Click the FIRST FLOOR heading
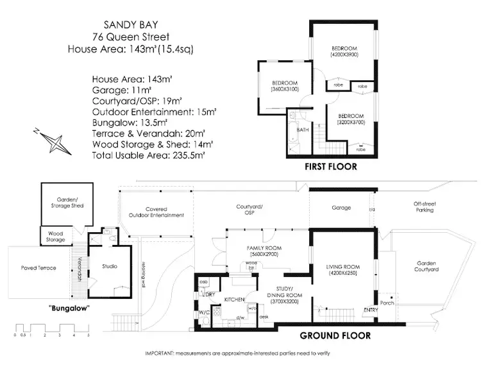[331, 166]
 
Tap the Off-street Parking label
[423, 207]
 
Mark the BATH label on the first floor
[303, 130]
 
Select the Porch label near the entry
[386, 302]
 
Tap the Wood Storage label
[55, 235]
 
